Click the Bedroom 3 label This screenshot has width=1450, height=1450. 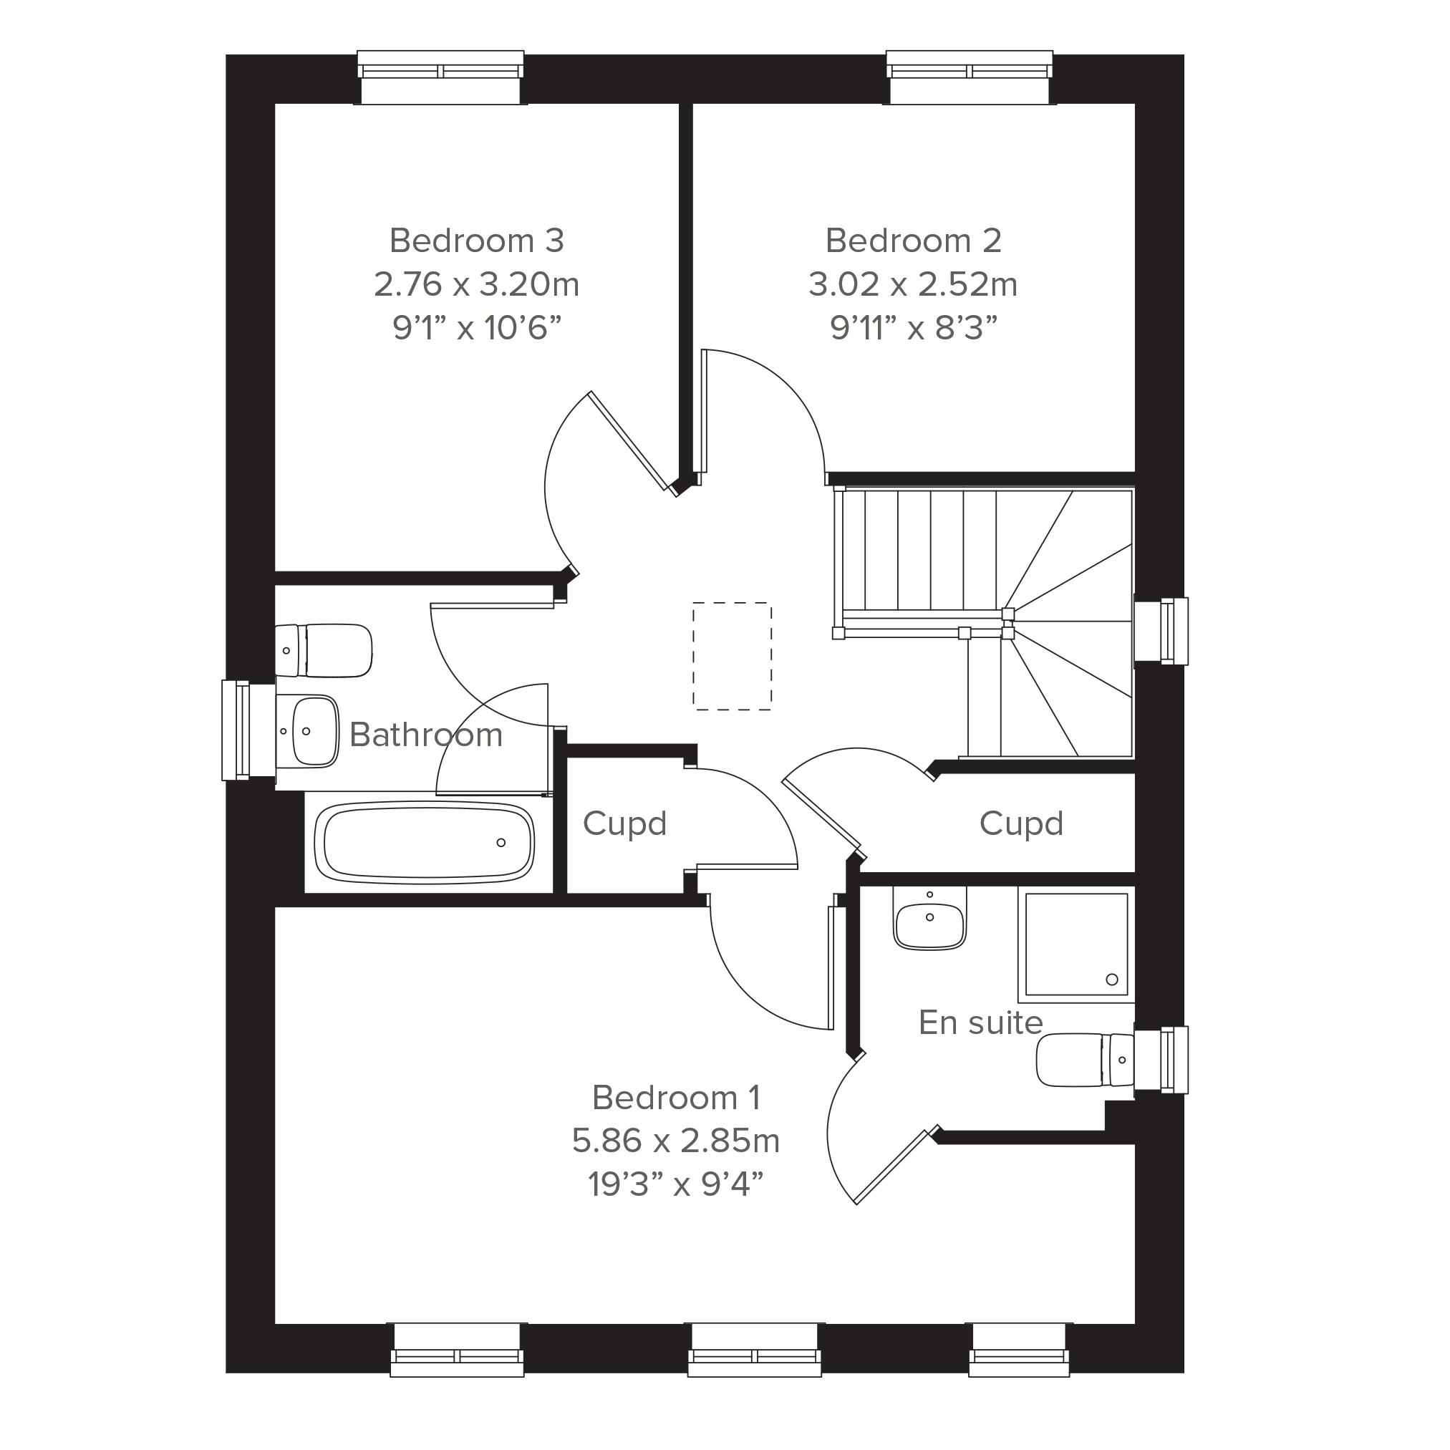point(477,241)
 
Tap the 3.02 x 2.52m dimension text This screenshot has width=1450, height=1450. point(913,284)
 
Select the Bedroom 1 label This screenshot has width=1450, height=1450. point(676,1098)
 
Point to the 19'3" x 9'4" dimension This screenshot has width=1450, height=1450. point(675,1185)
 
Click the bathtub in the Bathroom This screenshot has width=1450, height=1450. point(425,841)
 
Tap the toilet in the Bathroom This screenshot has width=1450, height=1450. point(324,650)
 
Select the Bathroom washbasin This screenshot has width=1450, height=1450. point(307,731)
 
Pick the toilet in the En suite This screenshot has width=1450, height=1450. point(1086,1060)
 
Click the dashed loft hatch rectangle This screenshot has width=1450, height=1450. point(732,656)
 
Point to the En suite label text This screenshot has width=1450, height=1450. point(980,1023)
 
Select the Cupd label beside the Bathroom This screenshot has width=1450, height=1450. point(624,824)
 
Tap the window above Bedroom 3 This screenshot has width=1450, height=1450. point(440,77)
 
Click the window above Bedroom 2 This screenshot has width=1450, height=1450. point(969,77)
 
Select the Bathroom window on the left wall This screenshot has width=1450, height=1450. point(248,730)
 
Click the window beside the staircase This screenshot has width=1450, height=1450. point(1160,630)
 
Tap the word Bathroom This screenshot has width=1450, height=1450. point(425,735)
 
